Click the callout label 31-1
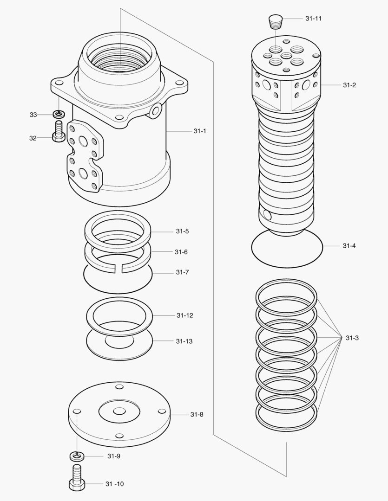[200, 131]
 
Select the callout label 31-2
[349, 85]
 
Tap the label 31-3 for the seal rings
[352, 338]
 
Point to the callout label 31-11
[314, 19]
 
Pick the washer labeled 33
[59, 114]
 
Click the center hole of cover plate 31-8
[119, 411]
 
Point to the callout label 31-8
[197, 414]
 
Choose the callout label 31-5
[182, 231]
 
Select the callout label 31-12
[184, 315]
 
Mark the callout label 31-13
[184, 341]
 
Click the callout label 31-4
[349, 245]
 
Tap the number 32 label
[33, 138]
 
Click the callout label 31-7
[182, 272]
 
